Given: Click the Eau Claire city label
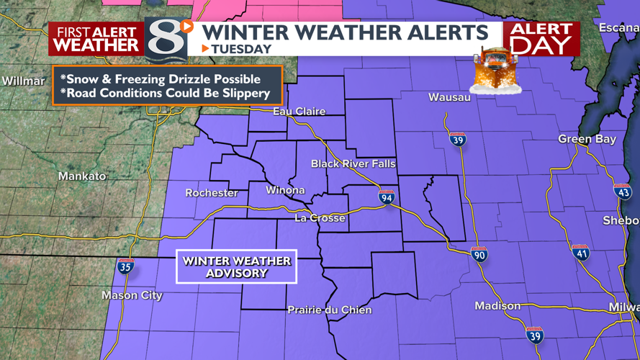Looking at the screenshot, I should click(x=299, y=112).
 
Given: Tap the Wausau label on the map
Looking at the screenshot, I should click(x=449, y=97).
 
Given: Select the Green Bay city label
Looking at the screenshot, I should click(x=587, y=139).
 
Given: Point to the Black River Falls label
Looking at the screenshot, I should click(x=353, y=164).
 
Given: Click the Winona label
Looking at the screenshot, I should click(x=285, y=191).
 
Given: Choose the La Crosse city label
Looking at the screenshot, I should click(x=320, y=218).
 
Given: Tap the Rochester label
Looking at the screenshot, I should click(x=212, y=193).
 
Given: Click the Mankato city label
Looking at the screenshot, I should click(x=82, y=176).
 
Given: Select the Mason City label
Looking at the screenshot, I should click(x=132, y=296).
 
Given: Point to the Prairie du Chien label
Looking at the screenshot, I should click(x=329, y=310).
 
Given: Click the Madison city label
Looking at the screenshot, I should click(x=497, y=306).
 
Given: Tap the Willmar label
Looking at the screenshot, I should click(x=23, y=81).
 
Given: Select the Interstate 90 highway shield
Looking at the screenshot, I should click(x=479, y=254).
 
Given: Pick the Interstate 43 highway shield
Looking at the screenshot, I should click(x=623, y=192).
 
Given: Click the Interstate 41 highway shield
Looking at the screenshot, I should click(x=580, y=252).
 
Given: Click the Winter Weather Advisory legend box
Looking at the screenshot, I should click(x=236, y=267).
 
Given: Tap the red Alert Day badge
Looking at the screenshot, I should click(x=541, y=39).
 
